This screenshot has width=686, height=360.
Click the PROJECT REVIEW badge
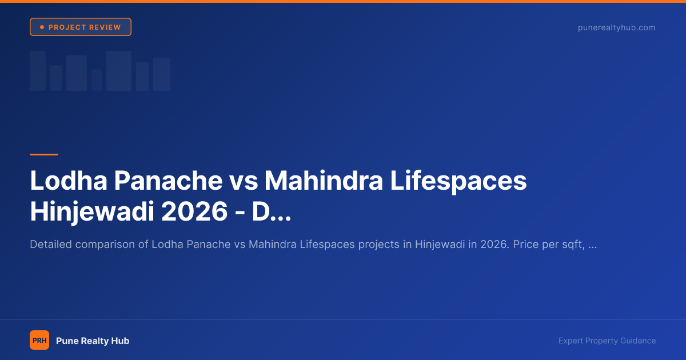click(x=81, y=27)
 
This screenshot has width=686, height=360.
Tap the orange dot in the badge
click(x=42, y=27)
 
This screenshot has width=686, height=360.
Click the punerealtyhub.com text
click(x=616, y=27)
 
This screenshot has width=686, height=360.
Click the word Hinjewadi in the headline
click(x=91, y=212)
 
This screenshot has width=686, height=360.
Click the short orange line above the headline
click(x=44, y=154)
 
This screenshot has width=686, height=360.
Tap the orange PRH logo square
click(x=39, y=341)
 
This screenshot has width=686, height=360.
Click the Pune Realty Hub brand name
click(x=93, y=341)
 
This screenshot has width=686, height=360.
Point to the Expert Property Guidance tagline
click(x=607, y=341)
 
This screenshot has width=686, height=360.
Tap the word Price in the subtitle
click(x=525, y=245)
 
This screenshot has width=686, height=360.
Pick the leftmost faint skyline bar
click(x=38, y=70)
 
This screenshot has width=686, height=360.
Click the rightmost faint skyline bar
click(x=162, y=74)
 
